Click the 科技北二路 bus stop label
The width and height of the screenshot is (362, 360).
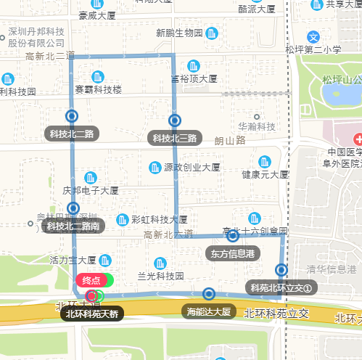70,134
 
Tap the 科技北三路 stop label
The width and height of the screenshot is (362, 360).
175,138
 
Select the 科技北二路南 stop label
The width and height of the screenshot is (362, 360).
73,226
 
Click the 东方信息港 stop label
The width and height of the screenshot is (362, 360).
232,253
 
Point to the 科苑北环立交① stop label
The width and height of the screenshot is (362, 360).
281,288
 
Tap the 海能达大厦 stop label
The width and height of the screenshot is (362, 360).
208,312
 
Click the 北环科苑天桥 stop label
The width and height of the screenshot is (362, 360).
91,314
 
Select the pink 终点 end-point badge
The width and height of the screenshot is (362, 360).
92,280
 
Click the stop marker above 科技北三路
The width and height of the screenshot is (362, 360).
175,120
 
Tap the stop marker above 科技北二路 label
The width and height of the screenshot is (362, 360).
71,115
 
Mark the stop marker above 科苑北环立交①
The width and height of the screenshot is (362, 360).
281,270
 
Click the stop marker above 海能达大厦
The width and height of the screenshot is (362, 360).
209,294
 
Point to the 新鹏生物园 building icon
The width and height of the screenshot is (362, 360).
212,33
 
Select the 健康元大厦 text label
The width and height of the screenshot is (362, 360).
266,175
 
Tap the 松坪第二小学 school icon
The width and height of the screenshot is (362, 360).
313,36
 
